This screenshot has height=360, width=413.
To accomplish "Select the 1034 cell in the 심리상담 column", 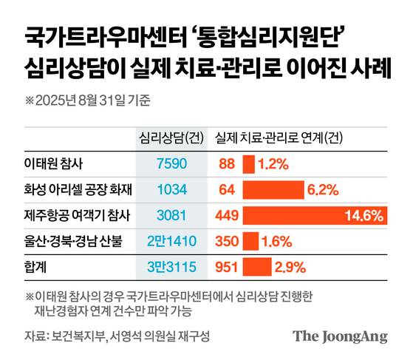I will (x=171, y=190).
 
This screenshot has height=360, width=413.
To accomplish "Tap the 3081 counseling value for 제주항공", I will (x=171, y=215).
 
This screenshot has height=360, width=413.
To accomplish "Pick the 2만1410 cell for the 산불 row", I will (x=171, y=240).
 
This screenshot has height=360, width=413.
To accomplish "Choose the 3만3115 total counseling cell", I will (x=171, y=265).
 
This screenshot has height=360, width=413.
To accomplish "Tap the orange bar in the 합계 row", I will (x=256, y=265).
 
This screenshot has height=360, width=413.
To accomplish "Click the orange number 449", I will (x=225, y=215).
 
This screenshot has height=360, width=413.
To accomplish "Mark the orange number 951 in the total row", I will (x=225, y=265).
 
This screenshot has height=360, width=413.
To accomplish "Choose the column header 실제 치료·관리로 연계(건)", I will (x=278, y=137).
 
